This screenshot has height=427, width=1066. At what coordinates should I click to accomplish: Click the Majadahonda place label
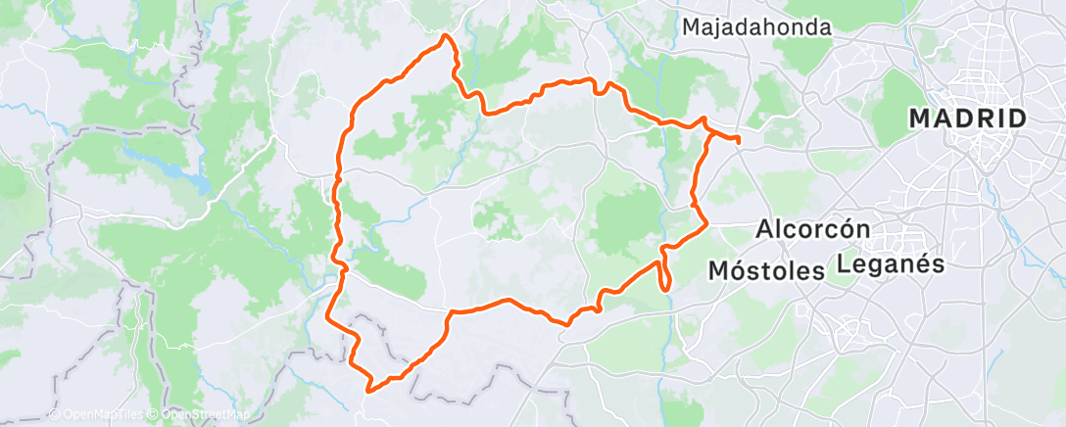(x=756, y=27)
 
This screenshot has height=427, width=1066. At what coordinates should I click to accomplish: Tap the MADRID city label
(x=968, y=119)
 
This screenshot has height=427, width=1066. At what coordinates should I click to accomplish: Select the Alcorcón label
(x=814, y=230)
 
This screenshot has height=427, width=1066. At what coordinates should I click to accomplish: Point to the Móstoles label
(x=765, y=269)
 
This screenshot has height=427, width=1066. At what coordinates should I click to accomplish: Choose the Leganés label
(x=890, y=264)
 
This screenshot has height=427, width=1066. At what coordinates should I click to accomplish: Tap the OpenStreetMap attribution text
(x=206, y=414)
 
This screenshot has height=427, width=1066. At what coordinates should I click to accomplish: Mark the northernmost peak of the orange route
(x=447, y=36)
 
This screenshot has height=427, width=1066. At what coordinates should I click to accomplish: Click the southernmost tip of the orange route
(x=370, y=390)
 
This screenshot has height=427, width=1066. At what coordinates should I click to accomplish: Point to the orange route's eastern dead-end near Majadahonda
(x=738, y=140)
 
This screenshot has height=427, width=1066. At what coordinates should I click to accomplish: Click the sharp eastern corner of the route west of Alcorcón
(x=706, y=224)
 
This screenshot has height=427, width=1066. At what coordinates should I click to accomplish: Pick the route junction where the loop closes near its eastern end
(x=704, y=124)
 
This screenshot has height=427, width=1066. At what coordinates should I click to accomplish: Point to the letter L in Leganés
(x=843, y=264)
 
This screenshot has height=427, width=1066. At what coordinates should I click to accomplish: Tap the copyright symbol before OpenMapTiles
(x=53, y=414)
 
